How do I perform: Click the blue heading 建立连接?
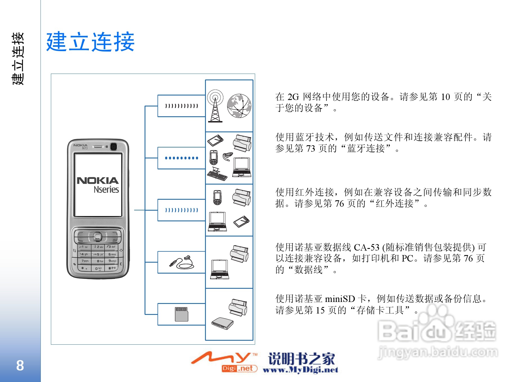pyautogui.click(x=90, y=42)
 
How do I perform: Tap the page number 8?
pyautogui.click(x=20, y=365)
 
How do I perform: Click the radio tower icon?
pyautogui.click(x=215, y=106)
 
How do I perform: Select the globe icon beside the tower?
pyautogui.click(x=239, y=106)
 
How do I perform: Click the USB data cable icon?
pyautogui.click(x=182, y=262)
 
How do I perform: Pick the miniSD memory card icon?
pyautogui.click(x=181, y=314)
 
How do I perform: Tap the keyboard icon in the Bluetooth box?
pyautogui.click(x=217, y=174)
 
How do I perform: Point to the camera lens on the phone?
pyautogui.click(x=114, y=147)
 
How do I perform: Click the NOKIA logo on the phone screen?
pyautogui.click(x=98, y=181)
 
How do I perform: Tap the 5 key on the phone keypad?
pyautogui.click(x=98, y=254)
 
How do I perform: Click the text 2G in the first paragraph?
pyautogui.click(x=293, y=97)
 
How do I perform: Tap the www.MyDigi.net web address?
pyautogui.click(x=300, y=370)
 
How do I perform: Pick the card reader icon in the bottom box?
pyautogui.click(x=222, y=324)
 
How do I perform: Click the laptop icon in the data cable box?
pyautogui.click(x=220, y=269)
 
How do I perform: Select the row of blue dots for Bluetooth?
pyautogui.click(x=182, y=158)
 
